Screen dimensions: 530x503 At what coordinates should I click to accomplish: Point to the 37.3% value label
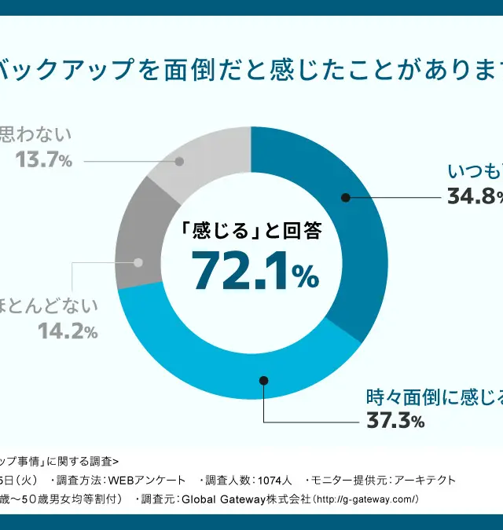[x=395, y=421]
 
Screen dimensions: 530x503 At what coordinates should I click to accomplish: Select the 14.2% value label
[x=68, y=331]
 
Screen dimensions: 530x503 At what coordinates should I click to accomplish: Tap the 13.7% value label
[x=44, y=160]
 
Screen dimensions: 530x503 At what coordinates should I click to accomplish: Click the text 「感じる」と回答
[x=251, y=231]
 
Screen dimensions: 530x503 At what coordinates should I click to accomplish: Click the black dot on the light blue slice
[x=263, y=381]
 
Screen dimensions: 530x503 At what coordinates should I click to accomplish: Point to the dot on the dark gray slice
[x=139, y=263]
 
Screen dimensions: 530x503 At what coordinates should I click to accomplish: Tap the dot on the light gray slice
[x=180, y=162]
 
